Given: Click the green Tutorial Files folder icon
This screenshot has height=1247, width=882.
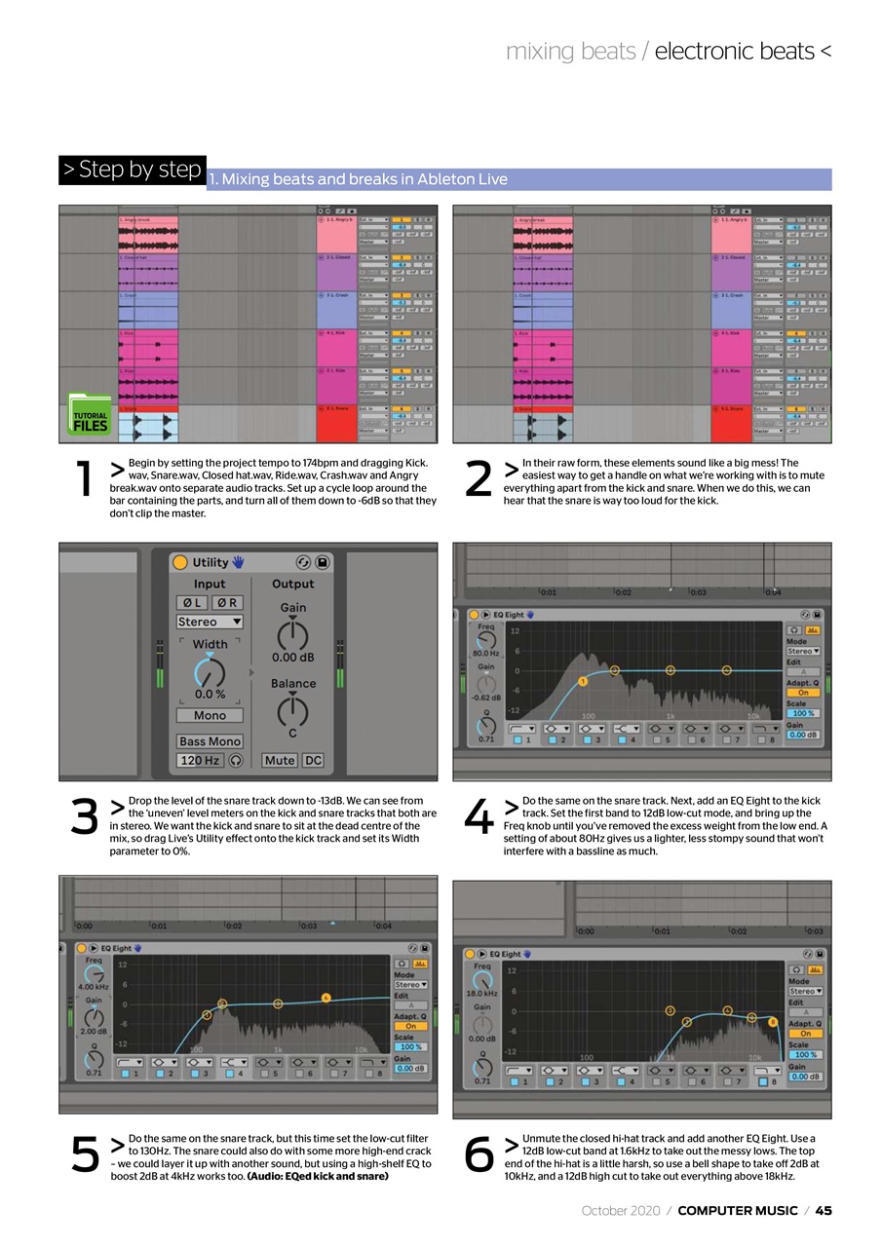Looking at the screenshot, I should tap(90, 415).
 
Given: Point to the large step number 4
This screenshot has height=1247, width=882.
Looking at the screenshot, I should tap(479, 817).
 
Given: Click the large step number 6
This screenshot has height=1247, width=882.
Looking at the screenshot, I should tap(479, 1155).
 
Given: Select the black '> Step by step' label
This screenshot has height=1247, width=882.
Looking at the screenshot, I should tap(133, 170).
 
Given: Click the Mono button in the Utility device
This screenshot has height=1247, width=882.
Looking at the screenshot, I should tap(210, 715).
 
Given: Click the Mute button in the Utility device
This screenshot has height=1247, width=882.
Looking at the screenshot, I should tap(280, 760).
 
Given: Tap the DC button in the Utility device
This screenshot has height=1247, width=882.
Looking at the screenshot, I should tap(313, 760).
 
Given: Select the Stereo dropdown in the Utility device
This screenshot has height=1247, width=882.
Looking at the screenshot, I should tap(210, 622).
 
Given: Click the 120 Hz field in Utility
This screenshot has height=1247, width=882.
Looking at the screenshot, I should tap(199, 760).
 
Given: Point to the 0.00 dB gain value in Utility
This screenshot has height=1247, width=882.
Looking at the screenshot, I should tap(292, 658).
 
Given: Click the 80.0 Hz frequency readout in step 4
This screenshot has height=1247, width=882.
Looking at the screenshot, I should tap(485, 653).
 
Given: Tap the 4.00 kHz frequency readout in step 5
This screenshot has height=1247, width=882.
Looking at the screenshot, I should tap(93, 986).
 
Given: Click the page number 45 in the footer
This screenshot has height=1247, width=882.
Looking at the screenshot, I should tap(824, 1211).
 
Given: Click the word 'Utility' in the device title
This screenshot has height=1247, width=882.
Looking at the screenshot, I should tap(211, 562).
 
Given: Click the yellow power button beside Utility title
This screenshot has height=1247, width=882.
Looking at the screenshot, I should tap(179, 562).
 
